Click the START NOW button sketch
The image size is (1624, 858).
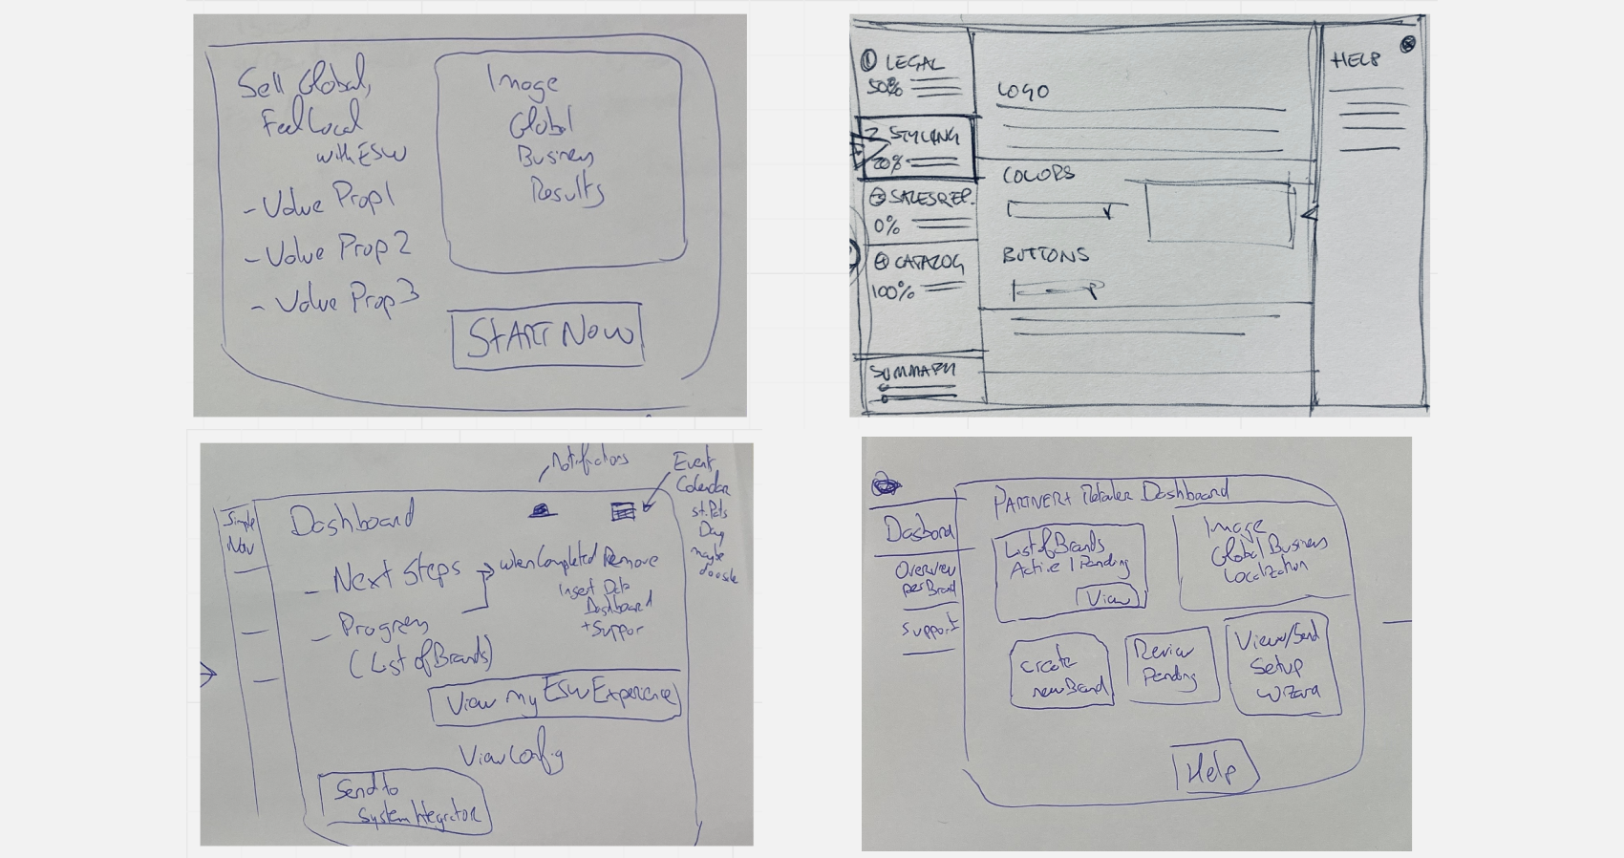click(548, 335)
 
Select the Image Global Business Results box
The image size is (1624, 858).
click(560, 161)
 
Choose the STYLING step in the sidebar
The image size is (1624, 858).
click(917, 147)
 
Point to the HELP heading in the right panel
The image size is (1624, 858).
click(1356, 60)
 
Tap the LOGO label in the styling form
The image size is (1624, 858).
click(1023, 92)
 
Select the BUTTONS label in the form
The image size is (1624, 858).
click(1045, 255)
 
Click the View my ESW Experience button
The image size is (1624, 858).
click(555, 698)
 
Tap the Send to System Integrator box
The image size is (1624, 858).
click(404, 803)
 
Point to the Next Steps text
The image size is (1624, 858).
click(396, 573)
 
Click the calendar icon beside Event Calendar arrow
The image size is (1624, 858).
click(623, 512)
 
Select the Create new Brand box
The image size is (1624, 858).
click(1061, 675)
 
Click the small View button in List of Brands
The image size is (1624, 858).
click(1108, 598)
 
